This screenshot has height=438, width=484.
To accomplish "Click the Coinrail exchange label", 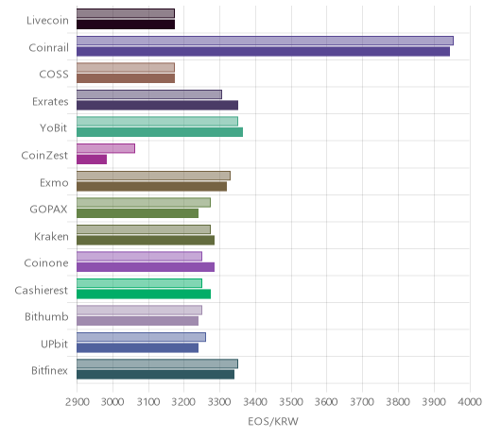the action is (x=48, y=47).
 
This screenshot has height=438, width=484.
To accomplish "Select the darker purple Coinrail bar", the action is (x=263, y=52).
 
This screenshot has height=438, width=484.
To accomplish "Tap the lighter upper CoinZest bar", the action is (x=106, y=148).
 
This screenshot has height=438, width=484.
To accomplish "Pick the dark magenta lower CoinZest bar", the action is (x=92, y=160).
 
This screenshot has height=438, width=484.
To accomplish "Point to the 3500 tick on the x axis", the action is (x=291, y=402).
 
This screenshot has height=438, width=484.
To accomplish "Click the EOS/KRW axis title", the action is (x=273, y=422).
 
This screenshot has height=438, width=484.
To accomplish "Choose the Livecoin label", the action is (x=47, y=21).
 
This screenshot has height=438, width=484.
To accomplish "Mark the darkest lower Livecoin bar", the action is (x=126, y=25).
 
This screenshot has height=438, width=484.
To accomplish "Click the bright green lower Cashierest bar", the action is (x=144, y=295).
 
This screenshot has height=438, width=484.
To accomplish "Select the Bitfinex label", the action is (x=49, y=371).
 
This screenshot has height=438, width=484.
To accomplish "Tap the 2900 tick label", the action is (x=78, y=402).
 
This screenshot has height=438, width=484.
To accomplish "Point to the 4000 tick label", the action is (x=470, y=402).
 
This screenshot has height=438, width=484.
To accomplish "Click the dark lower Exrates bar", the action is (x=158, y=106).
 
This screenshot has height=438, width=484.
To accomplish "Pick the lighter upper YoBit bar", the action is (x=157, y=122).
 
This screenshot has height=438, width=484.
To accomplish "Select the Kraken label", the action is (x=51, y=236).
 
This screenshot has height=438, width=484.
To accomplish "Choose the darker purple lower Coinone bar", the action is (x=146, y=267).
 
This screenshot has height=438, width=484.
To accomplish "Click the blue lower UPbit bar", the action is (x=138, y=348).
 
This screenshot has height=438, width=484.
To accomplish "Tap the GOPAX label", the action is (x=48, y=210).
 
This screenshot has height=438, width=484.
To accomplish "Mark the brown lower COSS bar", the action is (x=126, y=78).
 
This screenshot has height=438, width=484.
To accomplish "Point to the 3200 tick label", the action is (x=184, y=402).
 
